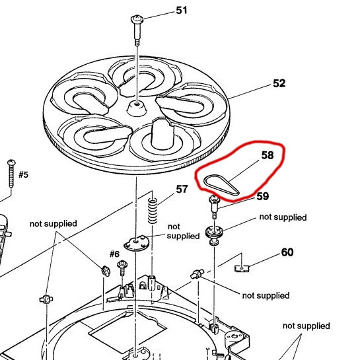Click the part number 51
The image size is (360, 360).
click(x=181, y=10)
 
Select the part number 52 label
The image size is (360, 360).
click(x=279, y=84)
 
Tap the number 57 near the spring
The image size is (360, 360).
click(x=181, y=190)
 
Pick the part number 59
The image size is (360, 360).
click(x=263, y=196)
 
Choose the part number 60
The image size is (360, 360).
click(x=287, y=252)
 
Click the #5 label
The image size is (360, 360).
click(x=23, y=175)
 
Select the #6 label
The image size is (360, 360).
click(x=113, y=254)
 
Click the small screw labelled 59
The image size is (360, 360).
click(x=215, y=206)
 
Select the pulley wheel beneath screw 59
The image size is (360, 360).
click(x=215, y=231)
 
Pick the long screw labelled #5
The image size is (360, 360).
click(x=11, y=174)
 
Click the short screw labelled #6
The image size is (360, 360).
click(x=122, y=269)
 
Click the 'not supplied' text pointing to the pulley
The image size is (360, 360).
click(x=283, y=217)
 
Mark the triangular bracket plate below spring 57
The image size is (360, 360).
click(x=137, y=243)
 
